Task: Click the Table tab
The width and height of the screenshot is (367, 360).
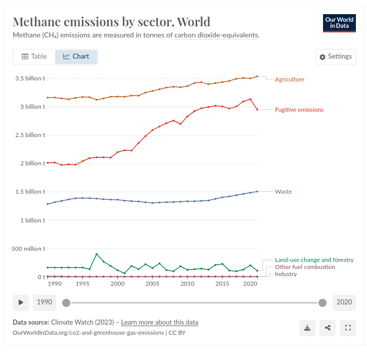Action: tap(34, 57)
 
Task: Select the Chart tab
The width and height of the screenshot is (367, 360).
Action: tap(76, 57)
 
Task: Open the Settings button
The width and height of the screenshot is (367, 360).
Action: tap(335, 57)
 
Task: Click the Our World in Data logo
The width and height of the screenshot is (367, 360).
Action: tap(339, 23)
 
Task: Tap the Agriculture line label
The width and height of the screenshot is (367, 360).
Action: tap(289, 79)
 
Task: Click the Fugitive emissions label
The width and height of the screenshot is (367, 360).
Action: tap(299, 110)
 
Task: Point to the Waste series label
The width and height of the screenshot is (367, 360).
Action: tap(283, 192)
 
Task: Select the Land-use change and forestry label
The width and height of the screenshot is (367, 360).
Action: tap(314, 260)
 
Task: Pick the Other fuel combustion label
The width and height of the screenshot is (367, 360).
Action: tap(305, 267)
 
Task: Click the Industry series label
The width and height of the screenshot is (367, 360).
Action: tap(286, 274)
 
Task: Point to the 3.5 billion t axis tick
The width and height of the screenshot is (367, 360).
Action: tap(30, 78)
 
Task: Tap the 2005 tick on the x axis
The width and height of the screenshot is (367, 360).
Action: tap(152, 284)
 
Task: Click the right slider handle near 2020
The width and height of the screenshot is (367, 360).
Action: tap(323, 302)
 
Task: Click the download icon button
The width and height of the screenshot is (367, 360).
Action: tap(307, 328)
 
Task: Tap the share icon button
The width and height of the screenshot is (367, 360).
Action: tap(328, 328)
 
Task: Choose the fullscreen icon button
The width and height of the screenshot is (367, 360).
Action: tap(348, 328)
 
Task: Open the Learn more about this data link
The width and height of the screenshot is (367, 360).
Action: tap(159, 323)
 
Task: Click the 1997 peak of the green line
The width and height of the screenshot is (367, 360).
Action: tap(97, 254)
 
